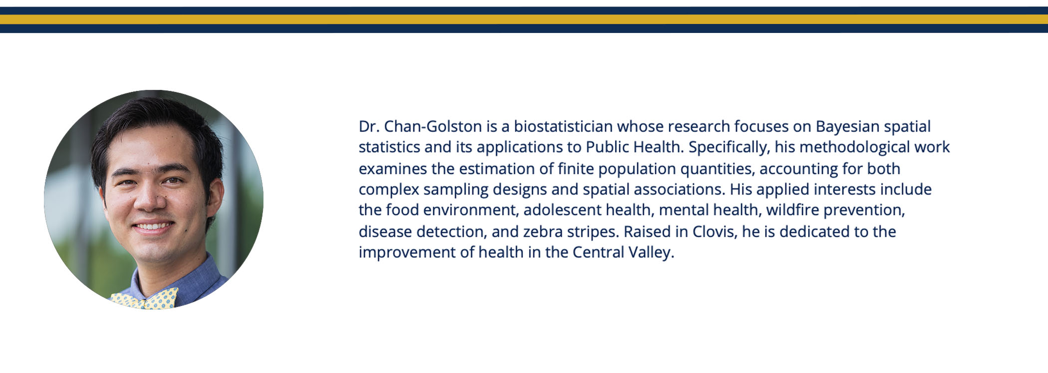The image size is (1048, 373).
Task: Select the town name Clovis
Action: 714,232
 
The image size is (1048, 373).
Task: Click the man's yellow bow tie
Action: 145,299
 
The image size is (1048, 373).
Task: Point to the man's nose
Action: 149,199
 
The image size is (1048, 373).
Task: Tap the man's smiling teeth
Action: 153,227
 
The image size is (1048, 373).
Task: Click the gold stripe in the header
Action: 524,19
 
